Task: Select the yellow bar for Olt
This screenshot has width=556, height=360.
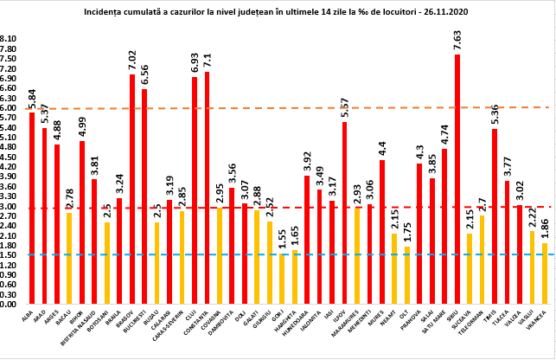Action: (407, 275)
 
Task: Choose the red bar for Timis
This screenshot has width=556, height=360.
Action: (495, 216)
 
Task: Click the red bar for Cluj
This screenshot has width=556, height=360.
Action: (195, 190)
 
